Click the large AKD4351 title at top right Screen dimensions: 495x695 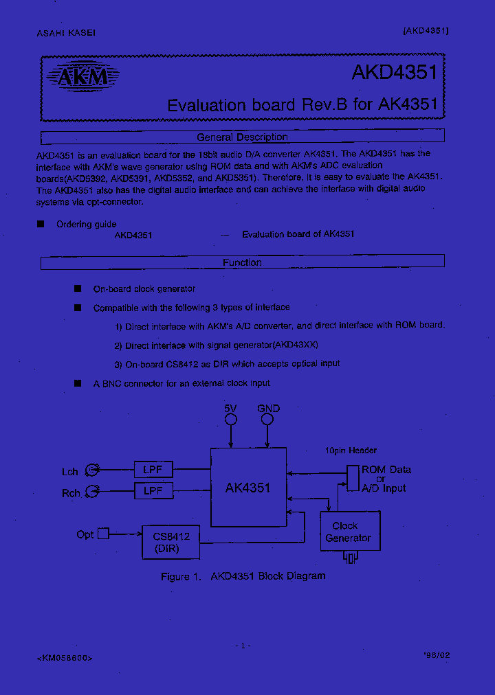pos(395,73)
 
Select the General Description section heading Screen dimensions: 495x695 pos(242,137)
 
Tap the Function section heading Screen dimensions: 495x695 pos(242,262)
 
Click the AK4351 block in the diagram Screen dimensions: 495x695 pos(248,488)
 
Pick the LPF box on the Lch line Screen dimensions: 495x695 pos(153,470)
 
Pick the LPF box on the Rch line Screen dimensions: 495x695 pos(153,490)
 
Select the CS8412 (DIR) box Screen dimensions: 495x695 pos(171,543)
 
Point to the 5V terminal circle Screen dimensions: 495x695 pos(231,420)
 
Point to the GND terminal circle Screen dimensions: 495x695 pos(268,420)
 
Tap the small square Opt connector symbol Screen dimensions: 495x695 pos(103,533)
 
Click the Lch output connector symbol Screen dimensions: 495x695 pos(91,470)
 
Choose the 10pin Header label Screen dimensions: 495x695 pos(351,451)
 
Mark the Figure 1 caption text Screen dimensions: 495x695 pos(243,576)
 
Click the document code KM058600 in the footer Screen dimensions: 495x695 pos(64,658)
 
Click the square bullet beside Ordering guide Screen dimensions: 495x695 pos(41,224)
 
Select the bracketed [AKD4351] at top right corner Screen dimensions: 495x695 pos(426,30)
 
